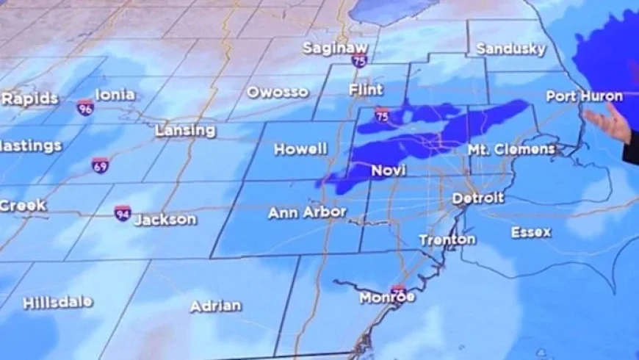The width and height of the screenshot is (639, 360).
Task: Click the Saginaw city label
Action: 335,48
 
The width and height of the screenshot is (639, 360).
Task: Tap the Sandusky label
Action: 510,49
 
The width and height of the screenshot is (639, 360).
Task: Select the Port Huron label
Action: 584,96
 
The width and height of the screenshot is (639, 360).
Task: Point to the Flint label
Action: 366,90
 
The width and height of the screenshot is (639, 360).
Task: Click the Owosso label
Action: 278,93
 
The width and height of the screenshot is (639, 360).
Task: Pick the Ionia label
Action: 115,95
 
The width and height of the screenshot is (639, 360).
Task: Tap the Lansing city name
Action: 185,131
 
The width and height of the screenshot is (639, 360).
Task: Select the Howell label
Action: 300,149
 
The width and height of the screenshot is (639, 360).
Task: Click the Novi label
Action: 389,170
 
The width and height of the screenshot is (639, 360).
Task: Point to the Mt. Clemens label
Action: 512,149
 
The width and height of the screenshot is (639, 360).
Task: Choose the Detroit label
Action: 478,198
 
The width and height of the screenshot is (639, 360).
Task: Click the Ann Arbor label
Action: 306,212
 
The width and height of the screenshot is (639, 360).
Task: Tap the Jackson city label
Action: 165,220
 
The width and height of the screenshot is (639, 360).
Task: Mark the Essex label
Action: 531,232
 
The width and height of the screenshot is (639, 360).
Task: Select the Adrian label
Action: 216,306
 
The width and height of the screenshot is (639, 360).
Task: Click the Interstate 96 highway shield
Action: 85,107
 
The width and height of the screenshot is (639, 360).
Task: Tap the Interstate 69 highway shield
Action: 101,165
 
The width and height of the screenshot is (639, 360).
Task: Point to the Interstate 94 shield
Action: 123,214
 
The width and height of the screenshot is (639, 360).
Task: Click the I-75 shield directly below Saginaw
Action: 358,62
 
